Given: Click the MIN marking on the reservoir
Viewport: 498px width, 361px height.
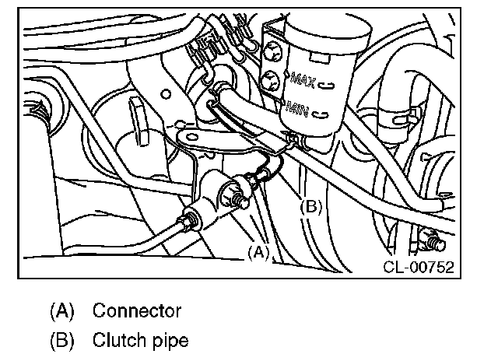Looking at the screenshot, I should pyautogui.click(x=297, y=107).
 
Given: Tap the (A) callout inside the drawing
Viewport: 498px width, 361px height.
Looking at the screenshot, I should pyautogui.click(x=258, y=252).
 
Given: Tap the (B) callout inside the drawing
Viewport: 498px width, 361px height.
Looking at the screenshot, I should pyautogui.click(x=310, y=207).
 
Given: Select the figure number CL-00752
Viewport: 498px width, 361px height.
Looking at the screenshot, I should pyautogui.click(x=418, y=267).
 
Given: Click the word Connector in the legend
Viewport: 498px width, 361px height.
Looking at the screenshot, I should pyautogui.click(x=137, y=311).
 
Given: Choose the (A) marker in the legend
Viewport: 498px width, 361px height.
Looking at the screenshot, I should pyautogui.click(x=61, y=311).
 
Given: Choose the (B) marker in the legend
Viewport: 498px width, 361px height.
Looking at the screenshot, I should pyautogui.click(x=61, y=340).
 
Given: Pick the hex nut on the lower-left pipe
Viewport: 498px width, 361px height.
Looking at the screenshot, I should pyautogui.click(x=188, y=221).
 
